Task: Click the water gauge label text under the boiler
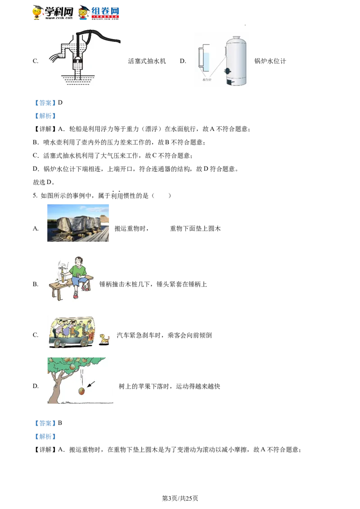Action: coord(207,80)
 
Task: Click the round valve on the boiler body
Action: coord(228,71)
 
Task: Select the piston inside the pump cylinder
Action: coord(77,58)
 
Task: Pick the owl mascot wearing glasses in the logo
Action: coord(83,13)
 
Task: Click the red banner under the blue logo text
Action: coord(106,17)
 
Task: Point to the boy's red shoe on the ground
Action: coord(76,295)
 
